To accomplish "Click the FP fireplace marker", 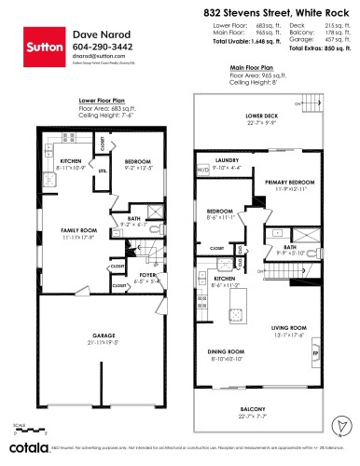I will pyautogui.click(x=314, y=356).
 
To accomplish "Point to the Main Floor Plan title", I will pyautogui.click(x=254, y=68).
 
